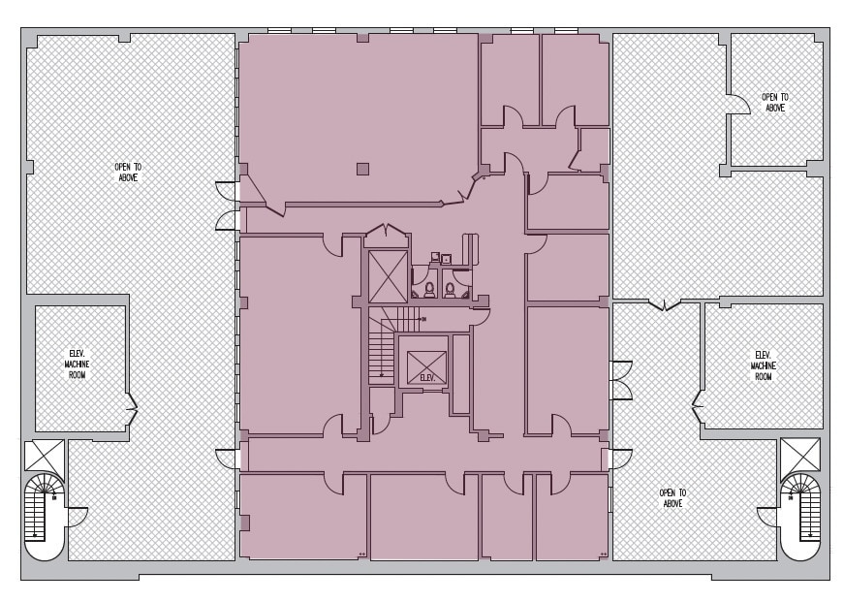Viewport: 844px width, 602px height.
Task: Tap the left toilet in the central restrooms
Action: [x=429, y=288]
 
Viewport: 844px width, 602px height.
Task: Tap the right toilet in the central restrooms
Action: [x=450, y=288]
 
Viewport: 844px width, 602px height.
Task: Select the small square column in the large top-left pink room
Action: [x=362, y=169]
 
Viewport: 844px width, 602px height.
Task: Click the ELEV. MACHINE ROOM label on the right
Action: [x=763, y=364]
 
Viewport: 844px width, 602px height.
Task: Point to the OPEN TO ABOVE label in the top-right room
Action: [x=774, y=102]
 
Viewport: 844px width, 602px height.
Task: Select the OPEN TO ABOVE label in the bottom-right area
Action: [x=672, y=498]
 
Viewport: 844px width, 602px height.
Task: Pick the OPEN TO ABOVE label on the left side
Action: [x=128, y=173]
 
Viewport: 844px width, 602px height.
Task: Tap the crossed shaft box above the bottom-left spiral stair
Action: [x=44, y=456]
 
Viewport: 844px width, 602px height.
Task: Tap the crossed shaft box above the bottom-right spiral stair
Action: [x=799, y=455]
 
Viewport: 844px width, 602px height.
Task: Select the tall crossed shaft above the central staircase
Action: [x=389, y=276]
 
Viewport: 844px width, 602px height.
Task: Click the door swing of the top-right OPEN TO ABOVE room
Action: [x=739, y=103]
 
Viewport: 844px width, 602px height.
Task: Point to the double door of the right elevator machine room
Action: [x=698, y=407]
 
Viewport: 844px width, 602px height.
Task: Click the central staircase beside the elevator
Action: [x=381, y=353]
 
